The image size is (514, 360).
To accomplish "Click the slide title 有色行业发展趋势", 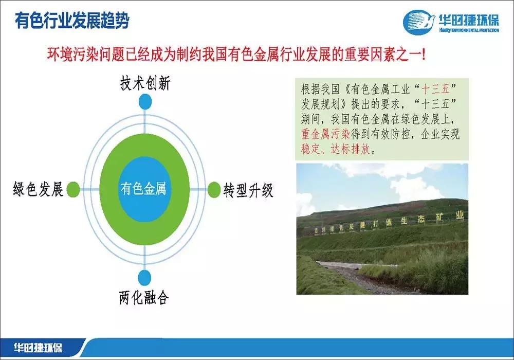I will (x=72, y=22).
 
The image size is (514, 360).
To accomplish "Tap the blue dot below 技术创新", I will (x=145, y=102).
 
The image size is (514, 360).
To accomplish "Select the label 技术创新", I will (x=145, y=84).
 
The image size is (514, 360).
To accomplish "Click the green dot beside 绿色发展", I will (x=74, y=189).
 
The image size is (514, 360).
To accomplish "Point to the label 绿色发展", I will (x=38, y=190).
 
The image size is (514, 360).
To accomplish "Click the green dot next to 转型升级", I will (x=214, y=190).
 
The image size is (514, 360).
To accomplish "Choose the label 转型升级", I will (x=248, y=190).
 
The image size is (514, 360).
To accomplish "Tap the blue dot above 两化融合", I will (x=145, y=277).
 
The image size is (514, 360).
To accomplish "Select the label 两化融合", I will (x=144, y=297).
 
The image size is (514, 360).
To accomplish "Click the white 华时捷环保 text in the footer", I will (x=39, y=348).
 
